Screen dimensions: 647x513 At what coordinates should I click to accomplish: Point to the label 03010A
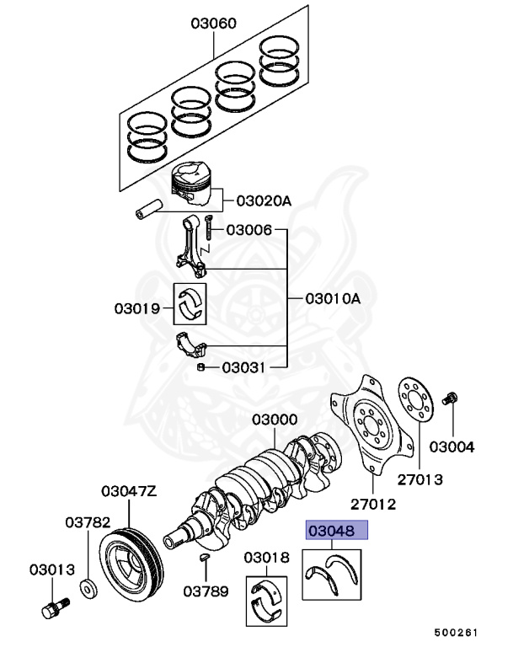332,298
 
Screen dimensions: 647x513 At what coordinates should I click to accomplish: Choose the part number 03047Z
129,490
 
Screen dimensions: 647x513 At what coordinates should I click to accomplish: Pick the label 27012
372,504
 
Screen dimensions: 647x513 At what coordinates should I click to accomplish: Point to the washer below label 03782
87,586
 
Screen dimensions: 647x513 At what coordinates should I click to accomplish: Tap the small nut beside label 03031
201,367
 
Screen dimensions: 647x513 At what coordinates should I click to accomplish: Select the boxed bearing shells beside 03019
193,303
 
